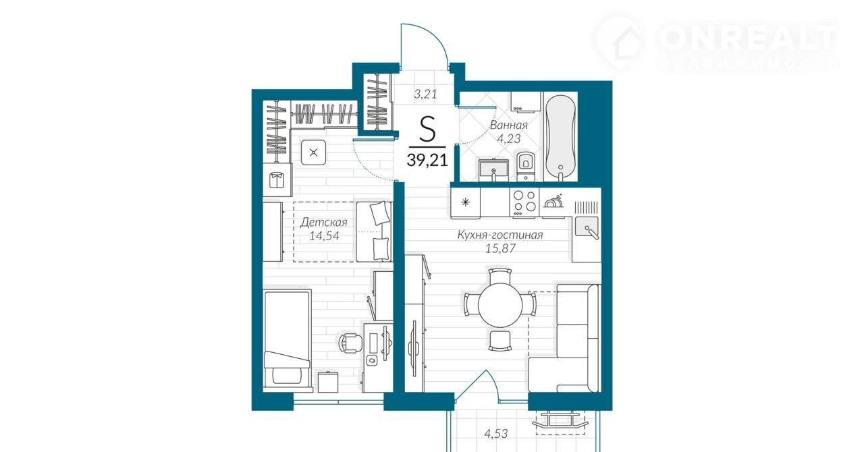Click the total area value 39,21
[427, 159]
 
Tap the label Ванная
[509, 125]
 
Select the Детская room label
[323, 222]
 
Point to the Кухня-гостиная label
[500, 235]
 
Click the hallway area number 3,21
[425, 94]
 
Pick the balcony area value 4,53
[496, 434]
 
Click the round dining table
[500, 305]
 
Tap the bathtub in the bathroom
[560, 138]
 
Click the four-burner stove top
[524, 203]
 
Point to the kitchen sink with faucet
[587, 227]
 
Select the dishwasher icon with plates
[553, 201]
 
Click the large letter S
[427, 129]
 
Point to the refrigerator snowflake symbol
[466, 202]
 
